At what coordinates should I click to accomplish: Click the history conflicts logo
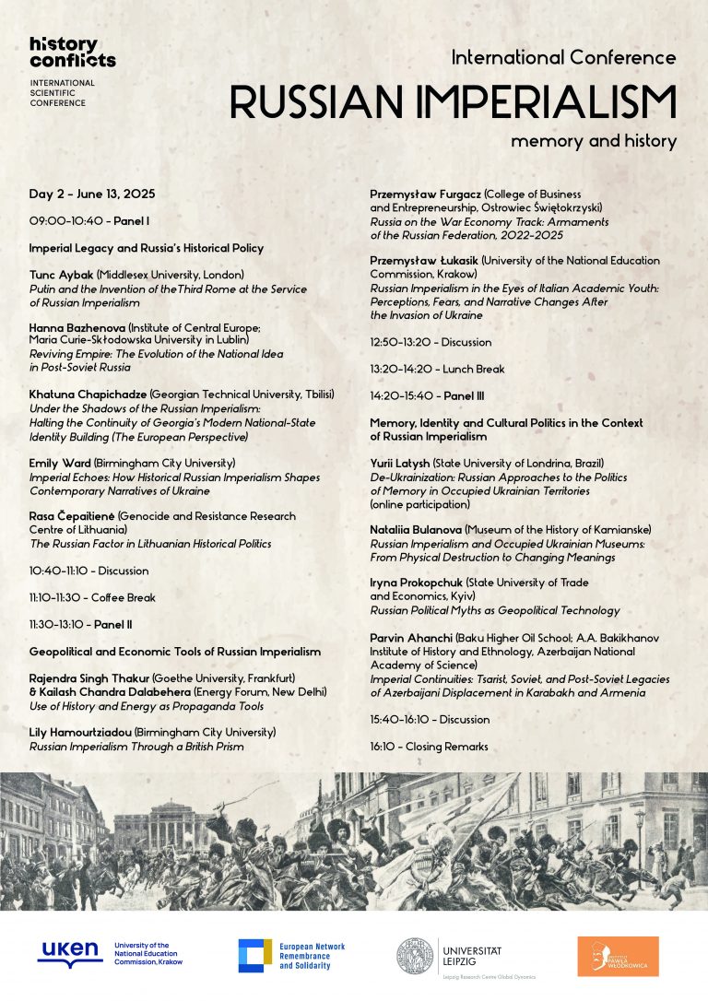72,53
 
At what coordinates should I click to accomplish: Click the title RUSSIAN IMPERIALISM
453,101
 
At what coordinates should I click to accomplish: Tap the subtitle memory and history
594,142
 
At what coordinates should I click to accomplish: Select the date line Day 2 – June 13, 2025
92,194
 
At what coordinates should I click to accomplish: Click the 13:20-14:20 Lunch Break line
437,369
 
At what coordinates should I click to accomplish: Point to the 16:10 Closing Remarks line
429,746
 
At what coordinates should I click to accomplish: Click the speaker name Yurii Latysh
400,463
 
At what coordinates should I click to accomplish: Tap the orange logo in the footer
618,956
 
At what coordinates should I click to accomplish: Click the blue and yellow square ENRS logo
254,956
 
